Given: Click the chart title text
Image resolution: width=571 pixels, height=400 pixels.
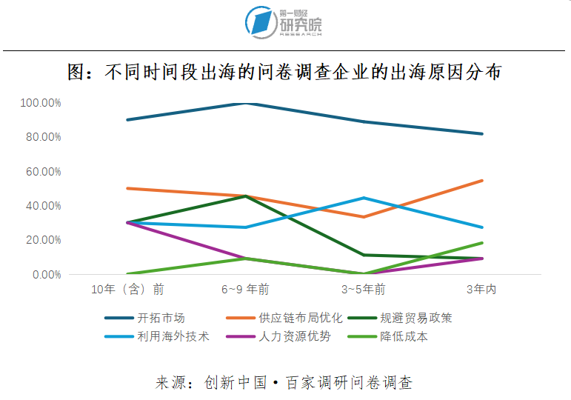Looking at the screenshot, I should coord(285,73).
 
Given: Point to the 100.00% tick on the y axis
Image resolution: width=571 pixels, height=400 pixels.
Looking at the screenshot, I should coord(41,103).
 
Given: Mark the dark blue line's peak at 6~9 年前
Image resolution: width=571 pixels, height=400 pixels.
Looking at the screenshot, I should coord(245,103).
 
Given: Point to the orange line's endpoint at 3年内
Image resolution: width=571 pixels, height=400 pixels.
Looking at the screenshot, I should coord(482,181).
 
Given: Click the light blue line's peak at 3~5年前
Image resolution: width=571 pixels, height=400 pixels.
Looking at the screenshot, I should coord(364,198).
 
